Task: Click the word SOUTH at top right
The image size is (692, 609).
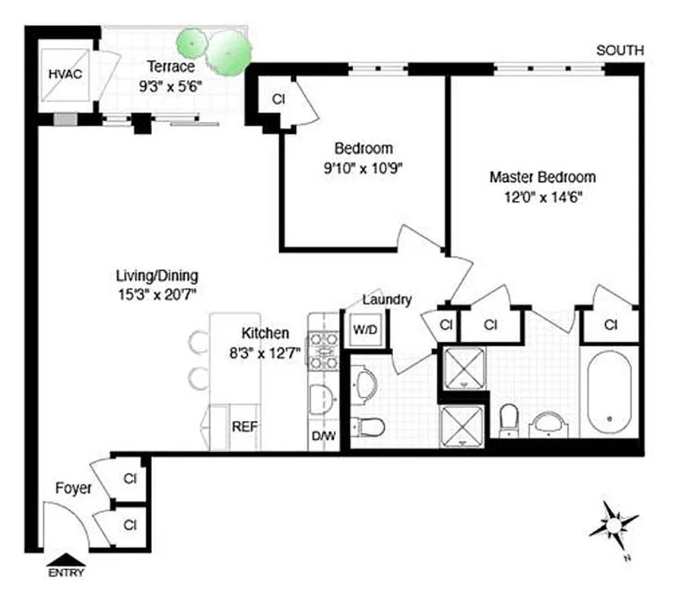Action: (620, 50)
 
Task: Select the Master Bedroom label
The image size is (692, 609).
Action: (542, 177)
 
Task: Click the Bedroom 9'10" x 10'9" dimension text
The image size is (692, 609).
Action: (363, 169)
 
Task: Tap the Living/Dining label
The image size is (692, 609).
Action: (157, 276)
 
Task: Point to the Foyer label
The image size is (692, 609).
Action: (73, 488)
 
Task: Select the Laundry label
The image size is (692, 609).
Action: (387, 299)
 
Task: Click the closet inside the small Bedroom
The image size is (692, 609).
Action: (278, 99)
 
